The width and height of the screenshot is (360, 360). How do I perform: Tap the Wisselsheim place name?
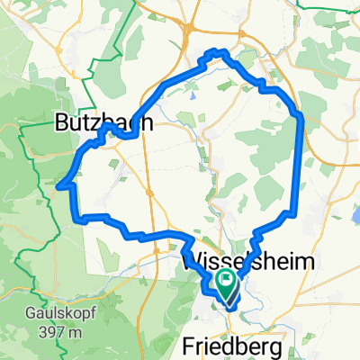tap(249, 262)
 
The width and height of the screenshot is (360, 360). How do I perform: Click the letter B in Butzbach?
tap(62, 121)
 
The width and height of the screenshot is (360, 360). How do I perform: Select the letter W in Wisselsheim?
tap(193, 262)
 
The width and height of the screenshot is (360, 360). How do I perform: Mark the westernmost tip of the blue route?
tap(59, 187)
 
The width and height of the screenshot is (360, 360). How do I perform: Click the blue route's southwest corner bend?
tap(80, 218)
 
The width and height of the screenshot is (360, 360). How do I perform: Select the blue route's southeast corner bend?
tap(290, 214)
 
